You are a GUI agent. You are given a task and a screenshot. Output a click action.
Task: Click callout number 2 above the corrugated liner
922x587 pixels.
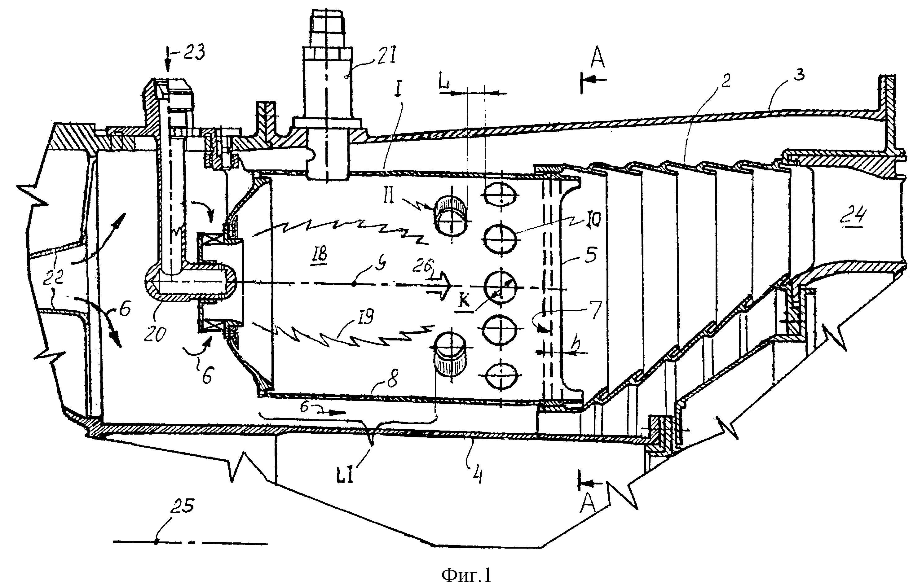coord(725,81)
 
